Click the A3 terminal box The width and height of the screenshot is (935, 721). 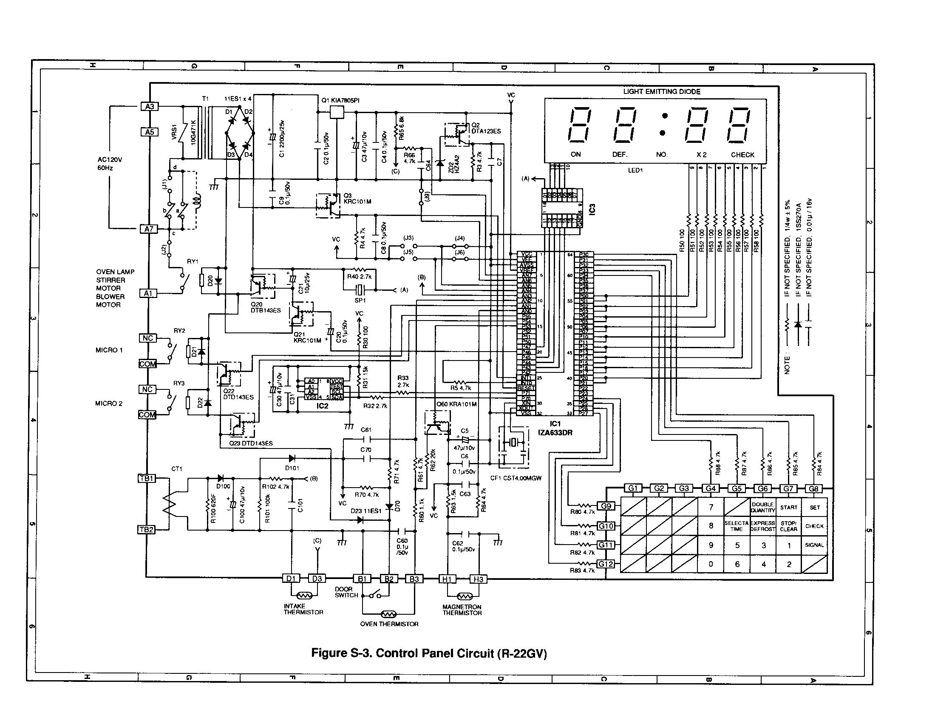tap(150, 106)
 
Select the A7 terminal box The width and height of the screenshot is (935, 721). tap(148, 229)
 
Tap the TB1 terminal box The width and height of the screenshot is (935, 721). tap(147, 478)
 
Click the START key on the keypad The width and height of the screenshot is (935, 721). tap(788, 507)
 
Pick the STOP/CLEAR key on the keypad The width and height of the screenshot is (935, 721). tap(788, 526)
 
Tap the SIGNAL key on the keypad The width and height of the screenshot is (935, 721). tap(814, 545)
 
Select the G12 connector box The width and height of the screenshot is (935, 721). tap(606, 564)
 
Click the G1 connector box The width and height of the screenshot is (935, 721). tap(633, 488)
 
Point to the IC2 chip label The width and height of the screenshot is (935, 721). tap(323, 406)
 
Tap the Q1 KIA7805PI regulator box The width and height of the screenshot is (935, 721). tap(337, 112)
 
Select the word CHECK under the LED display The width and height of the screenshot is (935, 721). tap(742, 155)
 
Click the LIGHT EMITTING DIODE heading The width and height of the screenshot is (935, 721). tap(662, 91)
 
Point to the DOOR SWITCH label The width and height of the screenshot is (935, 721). tap(346, 592)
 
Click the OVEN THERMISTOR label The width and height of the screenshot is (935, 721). tap(389, 624)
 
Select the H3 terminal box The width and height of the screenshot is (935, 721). tap(478, 579)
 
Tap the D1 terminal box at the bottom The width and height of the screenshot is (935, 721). tap(291, 579)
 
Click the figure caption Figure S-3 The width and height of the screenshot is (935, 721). tap(429, 653)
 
